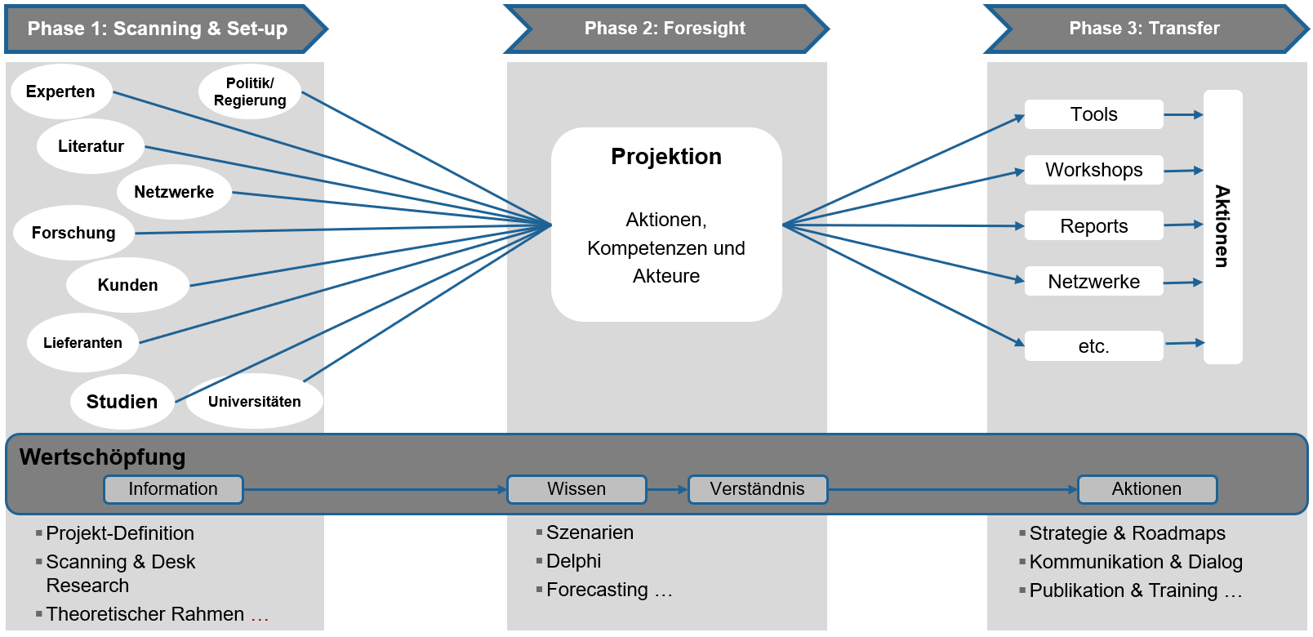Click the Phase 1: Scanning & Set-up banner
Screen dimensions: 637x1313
(x=158, y=29)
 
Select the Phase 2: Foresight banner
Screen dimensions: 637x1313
(x=665, y=29)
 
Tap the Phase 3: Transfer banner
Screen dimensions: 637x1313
(x=1144, y=29)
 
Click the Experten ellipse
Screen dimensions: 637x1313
(x=60, y=91)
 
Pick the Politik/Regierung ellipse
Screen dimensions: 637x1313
(x=250, y=91)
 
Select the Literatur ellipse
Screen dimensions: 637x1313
(x=91, y=146)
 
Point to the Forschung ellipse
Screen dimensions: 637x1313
(x=73, y=233)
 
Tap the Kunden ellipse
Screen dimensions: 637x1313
(x=127, y=285)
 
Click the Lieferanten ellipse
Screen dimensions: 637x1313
(x=82, y=343)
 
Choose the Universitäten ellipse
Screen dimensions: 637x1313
(x=254, y=402)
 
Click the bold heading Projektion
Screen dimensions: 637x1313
(x=666, y=156)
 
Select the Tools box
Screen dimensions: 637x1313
(x=1093, y=114)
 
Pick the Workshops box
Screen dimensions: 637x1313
(x=1093, y=170)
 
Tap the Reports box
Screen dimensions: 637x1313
(x=1093, y=226)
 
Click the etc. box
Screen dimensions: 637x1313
(x=1093, y=346)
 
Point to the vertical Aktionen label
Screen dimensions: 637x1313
(x=1222, y=226)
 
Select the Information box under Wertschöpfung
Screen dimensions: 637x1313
(x=173, y=489)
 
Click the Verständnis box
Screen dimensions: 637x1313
(x=757, y=489)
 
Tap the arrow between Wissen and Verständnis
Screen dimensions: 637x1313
(x=667, y=489)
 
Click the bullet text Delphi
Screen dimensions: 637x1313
(x=573, y=561)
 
